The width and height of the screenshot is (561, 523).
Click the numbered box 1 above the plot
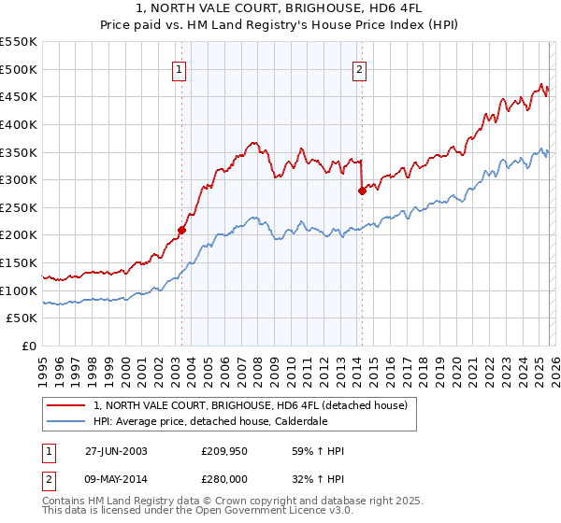[179, 67]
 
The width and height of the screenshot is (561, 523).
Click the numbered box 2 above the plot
[360, 67]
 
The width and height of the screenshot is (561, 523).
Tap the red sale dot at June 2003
[182, 229]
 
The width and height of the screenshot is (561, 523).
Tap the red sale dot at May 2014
[362, 191]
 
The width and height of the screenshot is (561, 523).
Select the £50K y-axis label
[22, 318]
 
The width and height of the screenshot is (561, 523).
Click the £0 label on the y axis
[30, 346]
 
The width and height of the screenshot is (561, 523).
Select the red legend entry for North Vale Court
[250, 406]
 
